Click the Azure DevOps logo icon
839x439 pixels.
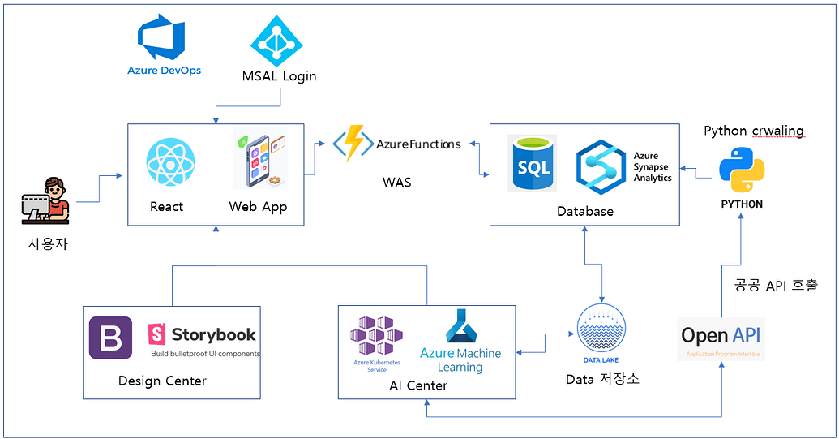click(x=163, y=37)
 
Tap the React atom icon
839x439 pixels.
click(x=170, y=162)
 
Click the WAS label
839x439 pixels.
click(x=396, y=182)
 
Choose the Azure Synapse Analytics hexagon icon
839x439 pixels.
click(x=602, y=165)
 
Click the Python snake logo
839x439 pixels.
click(x=742, y=170)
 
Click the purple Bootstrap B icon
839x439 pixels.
click(x=110, y=338)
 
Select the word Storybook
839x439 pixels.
click(x=213, y=334)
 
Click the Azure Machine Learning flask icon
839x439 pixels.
click(x=460, y=328)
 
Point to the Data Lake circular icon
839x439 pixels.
click(x=601, y=329)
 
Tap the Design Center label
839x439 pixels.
click(x=162, y=381)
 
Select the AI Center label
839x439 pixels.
click(x=418, y=385)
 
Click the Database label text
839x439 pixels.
click(x=584, y=211)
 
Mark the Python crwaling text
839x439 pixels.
click(x=753, y=131)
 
